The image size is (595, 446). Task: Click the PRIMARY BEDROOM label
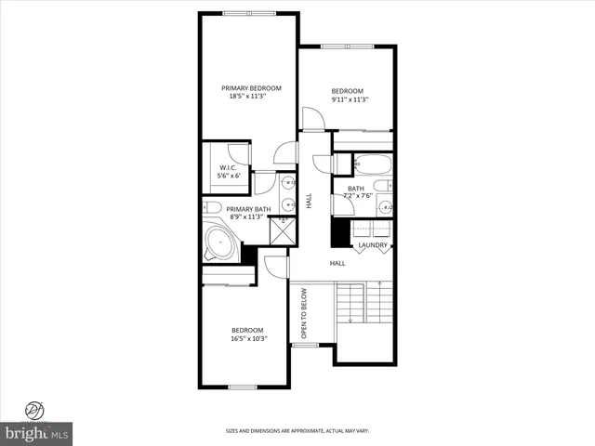(x=251, y=88)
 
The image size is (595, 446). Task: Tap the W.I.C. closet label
(x=228, y=167)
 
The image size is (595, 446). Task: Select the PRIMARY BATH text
(x=248, y=209)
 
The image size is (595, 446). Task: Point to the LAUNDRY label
(x=373, y=245)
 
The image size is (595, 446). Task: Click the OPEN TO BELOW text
(x=303, y=313)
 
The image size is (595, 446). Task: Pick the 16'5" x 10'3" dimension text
(x=247, y=339)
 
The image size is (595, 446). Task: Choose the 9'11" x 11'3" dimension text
(x=350, y=99)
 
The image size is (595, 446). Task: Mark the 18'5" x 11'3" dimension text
(x=251, y=98)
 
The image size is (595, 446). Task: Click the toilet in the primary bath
(x=212, y=208)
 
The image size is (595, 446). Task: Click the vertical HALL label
(x=310, y=200)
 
